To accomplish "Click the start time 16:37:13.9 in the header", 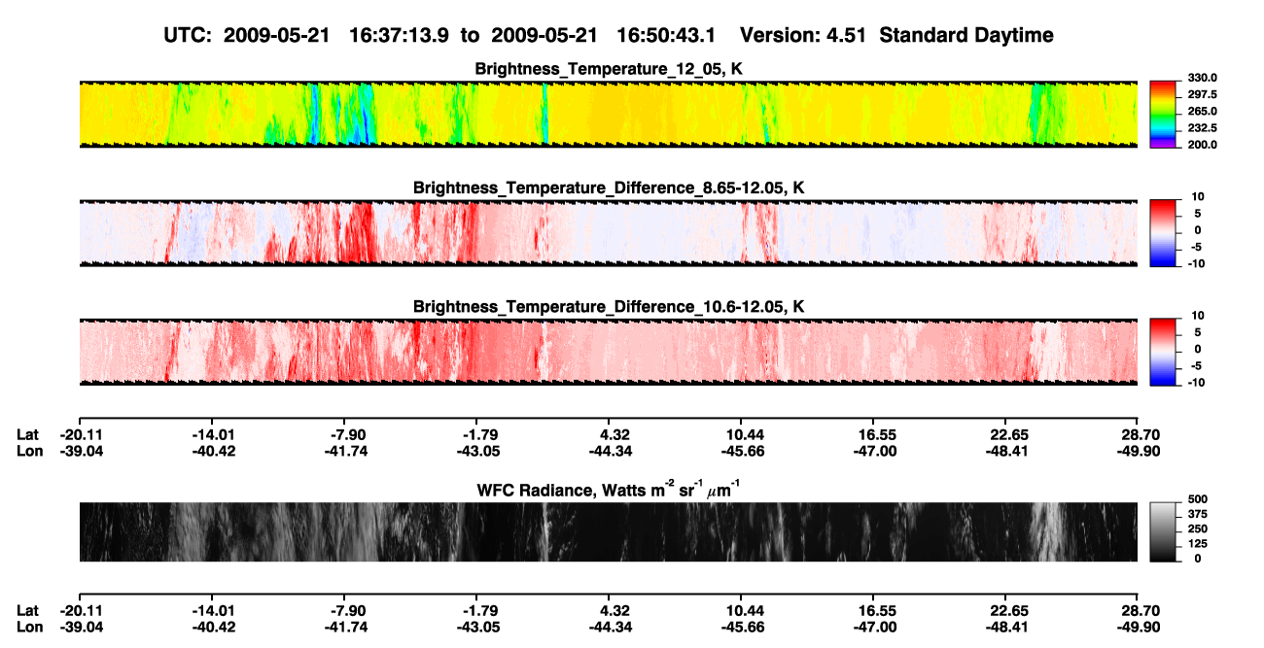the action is pos(399,35).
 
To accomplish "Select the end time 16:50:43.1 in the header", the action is pos(666,35).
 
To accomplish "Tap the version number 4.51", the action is pos(846,35).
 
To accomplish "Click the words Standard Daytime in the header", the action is pos(966,35).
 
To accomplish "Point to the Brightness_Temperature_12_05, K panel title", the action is pos(609,69).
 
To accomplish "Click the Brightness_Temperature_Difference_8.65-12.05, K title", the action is pos(609,188).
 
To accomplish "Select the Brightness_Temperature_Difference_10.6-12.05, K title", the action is pos(609,307).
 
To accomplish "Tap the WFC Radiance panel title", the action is pos(609,490).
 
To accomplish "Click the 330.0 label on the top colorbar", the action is pos(1202,78).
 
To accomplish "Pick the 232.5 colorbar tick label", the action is pos(1202,128).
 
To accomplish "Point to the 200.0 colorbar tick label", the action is pos(1202,145).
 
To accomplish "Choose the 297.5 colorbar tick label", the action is pos(1202,94).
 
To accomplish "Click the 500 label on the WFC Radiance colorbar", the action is pos(1198,499).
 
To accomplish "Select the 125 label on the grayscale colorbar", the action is pos(1198,544).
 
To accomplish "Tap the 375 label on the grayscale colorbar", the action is pos(1198,514).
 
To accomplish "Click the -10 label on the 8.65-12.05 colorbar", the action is pos(1196,263).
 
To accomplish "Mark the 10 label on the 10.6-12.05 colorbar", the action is pos(1198,316).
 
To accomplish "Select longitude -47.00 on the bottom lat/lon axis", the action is pos(875,628).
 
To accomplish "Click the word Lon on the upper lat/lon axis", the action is pos(30,451).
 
